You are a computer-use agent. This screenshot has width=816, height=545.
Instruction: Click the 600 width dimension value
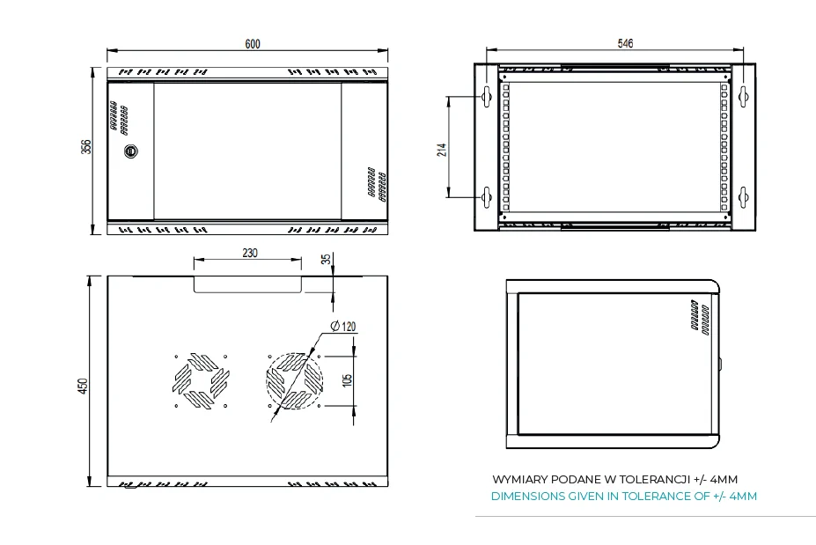[x=253, y=43]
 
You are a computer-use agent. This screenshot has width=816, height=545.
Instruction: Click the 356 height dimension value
[x=86, y=147]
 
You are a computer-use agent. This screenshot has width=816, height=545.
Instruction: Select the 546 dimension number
[x=625, y=43]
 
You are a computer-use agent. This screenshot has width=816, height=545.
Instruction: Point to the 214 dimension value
[x=442, y=149]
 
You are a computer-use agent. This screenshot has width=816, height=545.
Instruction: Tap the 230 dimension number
[x=249, y=253]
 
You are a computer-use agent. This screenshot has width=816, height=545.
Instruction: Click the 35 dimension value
[x=327, y=259]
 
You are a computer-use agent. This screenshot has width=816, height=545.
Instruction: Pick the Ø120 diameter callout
[x=343, y=327]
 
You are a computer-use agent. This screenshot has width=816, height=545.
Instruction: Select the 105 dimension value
[x=348, y=380]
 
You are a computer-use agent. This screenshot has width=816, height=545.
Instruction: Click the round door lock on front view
[x=131, y=151]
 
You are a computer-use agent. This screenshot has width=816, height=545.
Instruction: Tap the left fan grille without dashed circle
[x=201, y=382]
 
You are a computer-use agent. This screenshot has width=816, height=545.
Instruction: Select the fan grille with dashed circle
[x=291, y=382]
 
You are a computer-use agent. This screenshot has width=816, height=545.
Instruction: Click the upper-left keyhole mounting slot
[x=485, y=96]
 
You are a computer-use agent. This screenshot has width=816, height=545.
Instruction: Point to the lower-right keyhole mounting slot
[x=743, y=197]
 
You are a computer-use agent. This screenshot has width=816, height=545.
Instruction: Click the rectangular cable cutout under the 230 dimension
[x=248, y=284]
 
